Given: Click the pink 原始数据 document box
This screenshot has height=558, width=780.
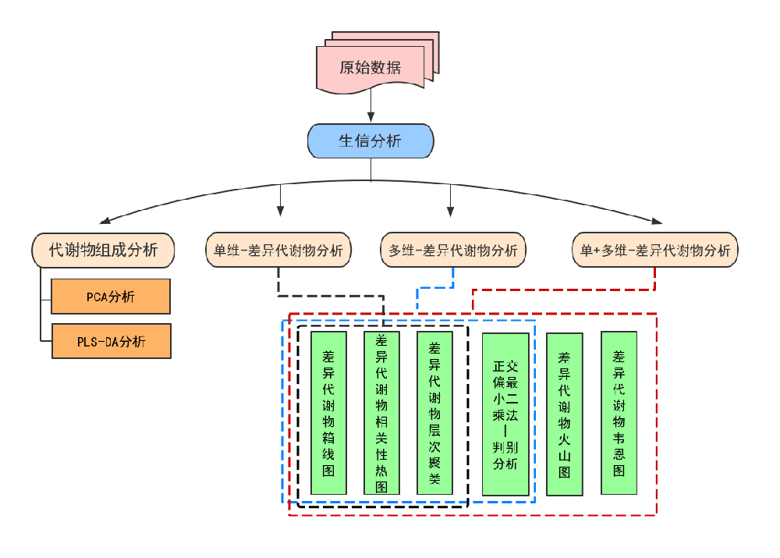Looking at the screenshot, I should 370,67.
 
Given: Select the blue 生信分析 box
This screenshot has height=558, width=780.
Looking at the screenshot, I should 370,141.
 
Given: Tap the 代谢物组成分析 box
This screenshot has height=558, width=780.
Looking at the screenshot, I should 103,250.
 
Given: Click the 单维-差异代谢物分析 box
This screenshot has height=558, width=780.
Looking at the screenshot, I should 278,251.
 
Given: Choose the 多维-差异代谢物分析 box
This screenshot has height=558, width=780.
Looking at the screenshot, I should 453,251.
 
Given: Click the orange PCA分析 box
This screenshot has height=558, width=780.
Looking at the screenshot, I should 111,297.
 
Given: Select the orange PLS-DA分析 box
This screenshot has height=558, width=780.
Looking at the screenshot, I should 111,341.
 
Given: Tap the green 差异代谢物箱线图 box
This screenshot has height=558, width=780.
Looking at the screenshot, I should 328,414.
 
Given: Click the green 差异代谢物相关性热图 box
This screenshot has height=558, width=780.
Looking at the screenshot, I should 381,414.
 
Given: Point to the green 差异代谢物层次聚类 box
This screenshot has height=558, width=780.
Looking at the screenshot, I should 434,414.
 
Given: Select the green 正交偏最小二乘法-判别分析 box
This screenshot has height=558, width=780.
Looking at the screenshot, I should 505,414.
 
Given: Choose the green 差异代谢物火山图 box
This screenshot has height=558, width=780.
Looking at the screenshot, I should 564,414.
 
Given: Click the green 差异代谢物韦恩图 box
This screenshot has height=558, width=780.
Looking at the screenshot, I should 619,413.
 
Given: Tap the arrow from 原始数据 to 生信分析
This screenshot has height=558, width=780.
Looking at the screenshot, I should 370,106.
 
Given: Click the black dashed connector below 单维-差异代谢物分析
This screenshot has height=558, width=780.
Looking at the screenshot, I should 331,296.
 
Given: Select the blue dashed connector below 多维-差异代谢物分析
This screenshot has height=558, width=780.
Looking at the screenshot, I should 435,288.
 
